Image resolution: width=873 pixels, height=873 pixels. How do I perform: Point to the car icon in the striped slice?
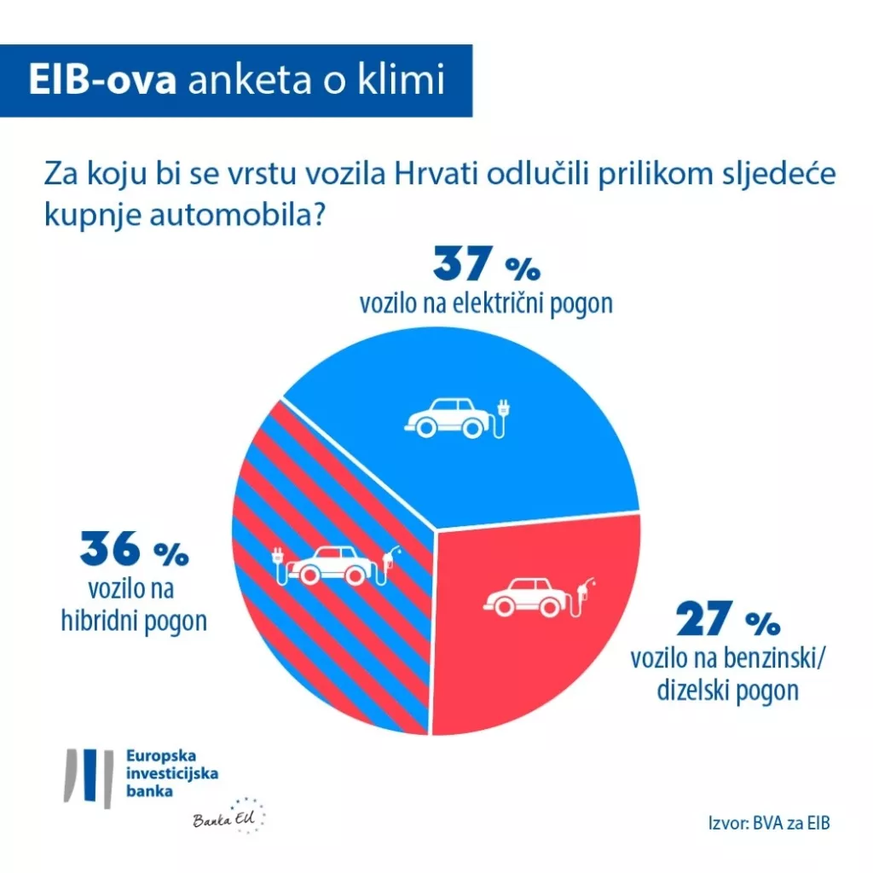pos(330,564)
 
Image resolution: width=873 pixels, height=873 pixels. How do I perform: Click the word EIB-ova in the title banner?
pos(102,81)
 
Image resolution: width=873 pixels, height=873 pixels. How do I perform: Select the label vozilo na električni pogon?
pos(486,304)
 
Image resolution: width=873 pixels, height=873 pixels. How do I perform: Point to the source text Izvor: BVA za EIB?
pos(768,824)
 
